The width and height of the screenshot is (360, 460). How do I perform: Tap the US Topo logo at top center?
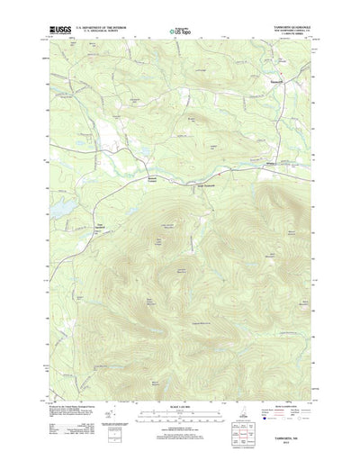coord(179,32)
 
